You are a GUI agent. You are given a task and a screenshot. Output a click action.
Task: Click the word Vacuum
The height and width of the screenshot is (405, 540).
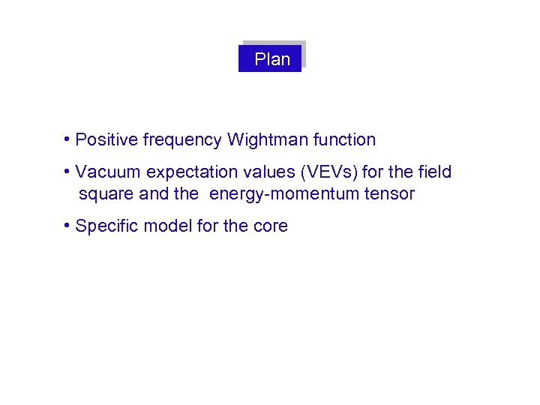click(x=108, y=172)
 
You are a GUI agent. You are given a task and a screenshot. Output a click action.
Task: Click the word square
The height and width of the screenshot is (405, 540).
click(x=103, y=194)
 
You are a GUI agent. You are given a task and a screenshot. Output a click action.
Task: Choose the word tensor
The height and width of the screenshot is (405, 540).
click(x=389, y=194)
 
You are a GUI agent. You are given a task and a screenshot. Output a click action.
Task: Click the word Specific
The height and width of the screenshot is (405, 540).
click(x=106, y=226)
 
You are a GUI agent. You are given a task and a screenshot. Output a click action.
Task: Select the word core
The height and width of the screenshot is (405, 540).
click(x=271, y=226)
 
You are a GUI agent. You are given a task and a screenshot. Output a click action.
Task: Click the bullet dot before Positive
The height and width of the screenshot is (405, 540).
click(x=67, y=139)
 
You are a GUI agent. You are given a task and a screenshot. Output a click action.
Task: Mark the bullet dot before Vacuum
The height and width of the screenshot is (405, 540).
click(x=67, y=172)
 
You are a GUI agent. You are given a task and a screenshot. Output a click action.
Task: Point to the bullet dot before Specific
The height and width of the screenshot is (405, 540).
click(x=67, y=226)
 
